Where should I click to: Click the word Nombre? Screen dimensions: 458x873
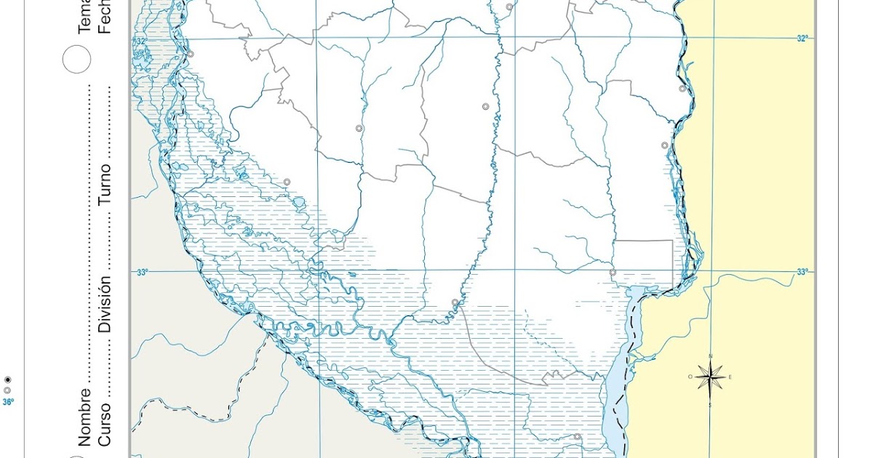[85, 416]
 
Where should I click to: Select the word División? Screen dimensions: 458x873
[105, 304]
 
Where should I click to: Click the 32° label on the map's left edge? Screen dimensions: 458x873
[140, 41]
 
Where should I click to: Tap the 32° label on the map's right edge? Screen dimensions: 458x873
[802, 39]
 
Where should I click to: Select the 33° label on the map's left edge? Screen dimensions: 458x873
[142, 272]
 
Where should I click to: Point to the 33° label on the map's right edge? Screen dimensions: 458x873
[802, 272]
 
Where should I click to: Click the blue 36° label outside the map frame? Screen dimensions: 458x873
[7, 401]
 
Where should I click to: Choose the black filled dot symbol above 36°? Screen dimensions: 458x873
[7, 379]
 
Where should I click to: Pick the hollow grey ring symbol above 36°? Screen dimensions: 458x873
[7, 390]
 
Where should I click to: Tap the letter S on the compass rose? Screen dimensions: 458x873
[710, 404]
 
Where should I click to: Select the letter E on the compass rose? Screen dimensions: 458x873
[730, 377]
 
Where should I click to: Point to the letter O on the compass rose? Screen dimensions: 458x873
[690, 377]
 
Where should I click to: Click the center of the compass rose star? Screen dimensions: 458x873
[710, 377]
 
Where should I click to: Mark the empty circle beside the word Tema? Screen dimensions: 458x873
[76, 59]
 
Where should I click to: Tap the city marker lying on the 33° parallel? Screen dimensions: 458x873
[613, 273]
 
